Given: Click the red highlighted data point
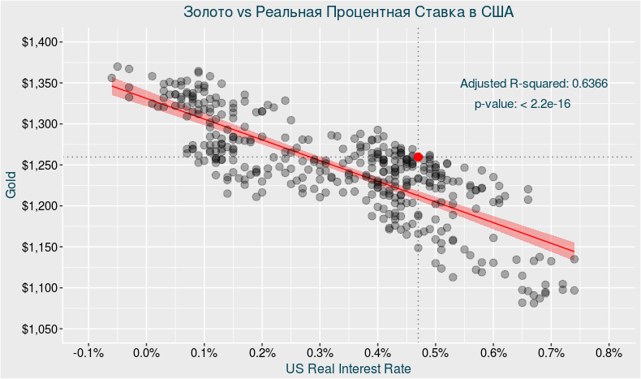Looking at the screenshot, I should (x=418, y=157).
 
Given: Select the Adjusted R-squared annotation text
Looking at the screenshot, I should (x=534, y=84).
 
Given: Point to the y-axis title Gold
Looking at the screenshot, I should (x=11, y=184).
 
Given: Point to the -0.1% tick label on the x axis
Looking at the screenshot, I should (x=88, y=353).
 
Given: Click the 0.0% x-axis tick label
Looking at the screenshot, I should (x=146, y=353).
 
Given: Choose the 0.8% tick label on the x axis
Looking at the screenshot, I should (x=609, y=353).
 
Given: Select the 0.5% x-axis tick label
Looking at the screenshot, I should (x=435, y=353).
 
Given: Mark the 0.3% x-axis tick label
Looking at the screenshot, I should (x=320, y=353).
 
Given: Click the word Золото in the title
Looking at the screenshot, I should (x=208, y=13).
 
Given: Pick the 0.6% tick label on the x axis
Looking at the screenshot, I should (x=493, y=353).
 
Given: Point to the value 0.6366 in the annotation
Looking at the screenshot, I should (x=590, y=84).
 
